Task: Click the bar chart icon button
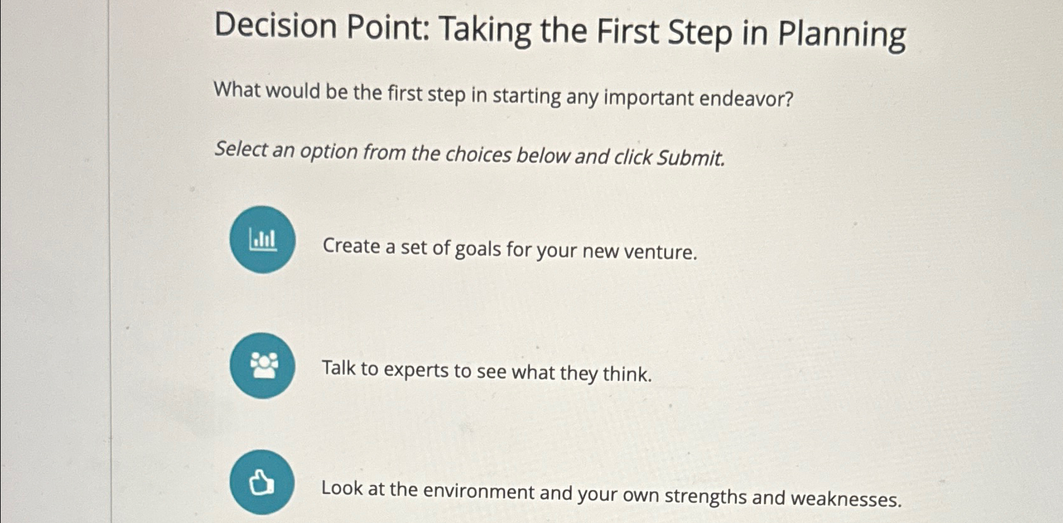(262, 240)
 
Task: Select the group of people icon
(262, 366)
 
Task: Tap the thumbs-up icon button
(262, 483)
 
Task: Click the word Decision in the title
(276, 26)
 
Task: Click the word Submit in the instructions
(690, 158)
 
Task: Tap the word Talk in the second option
(339, 367)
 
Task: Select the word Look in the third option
(341, 488)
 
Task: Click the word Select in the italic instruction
(241, 149)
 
